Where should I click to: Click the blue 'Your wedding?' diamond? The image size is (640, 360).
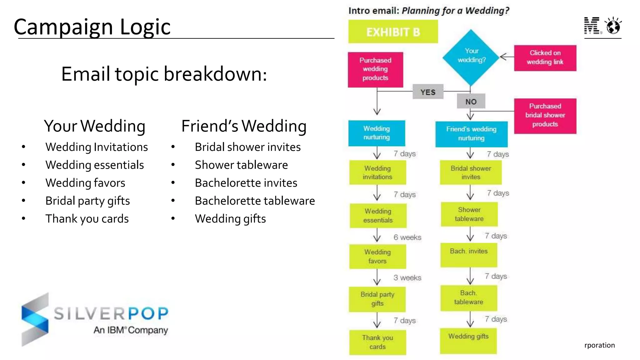471,57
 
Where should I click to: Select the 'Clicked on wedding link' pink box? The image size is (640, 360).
545,58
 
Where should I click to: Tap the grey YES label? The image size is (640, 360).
428,92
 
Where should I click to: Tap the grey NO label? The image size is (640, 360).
471,101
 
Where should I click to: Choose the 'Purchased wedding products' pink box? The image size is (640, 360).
375,69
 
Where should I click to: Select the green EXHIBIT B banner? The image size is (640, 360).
393,32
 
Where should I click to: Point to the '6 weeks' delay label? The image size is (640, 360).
407,237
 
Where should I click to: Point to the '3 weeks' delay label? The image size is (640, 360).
407,277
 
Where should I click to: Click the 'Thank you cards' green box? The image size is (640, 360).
377,342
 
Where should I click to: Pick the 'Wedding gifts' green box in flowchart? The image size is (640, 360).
468,340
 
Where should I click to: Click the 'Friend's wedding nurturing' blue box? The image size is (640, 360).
471,134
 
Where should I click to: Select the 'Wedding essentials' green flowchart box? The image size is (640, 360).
378,216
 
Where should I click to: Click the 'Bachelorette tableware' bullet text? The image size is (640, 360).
255,201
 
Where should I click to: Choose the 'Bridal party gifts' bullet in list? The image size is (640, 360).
87,201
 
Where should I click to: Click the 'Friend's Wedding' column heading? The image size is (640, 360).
244,126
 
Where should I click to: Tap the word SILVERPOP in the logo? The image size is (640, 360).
111,313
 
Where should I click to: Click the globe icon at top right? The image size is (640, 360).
613,26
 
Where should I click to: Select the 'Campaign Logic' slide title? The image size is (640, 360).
92,27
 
